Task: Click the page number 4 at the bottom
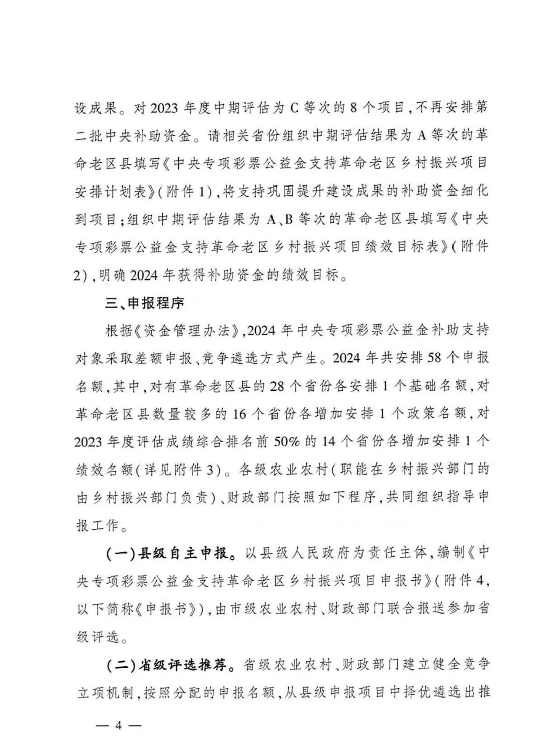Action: tap(119, 725)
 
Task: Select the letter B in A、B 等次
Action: tap(290, 219)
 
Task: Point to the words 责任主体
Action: tap(391, 553)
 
